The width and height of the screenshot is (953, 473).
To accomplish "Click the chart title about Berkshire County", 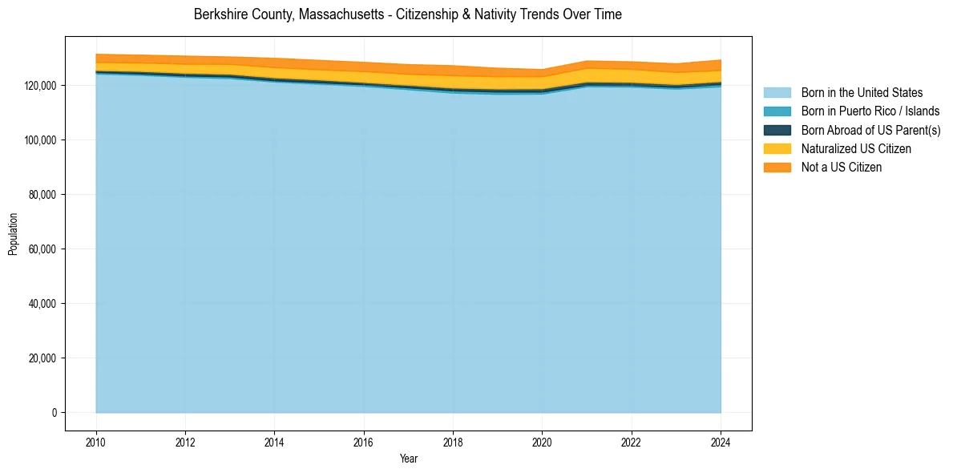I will click(407, 14).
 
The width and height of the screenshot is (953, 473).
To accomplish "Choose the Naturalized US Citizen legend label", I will click(856, 149).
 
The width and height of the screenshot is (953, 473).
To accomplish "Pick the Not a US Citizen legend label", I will click(842, 168).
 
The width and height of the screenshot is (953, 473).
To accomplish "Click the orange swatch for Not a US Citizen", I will click(777, 168).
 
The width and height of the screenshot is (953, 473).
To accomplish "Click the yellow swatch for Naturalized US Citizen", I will click(777, 149).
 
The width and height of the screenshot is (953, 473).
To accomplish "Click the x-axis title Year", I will click(408, 459).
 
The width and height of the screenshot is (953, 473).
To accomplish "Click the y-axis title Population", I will click(13, 234).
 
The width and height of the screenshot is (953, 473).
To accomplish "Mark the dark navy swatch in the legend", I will click(777, 130).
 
